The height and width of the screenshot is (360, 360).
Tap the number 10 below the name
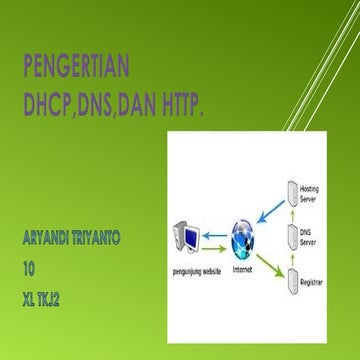pyautogui.click(x=29, y=268)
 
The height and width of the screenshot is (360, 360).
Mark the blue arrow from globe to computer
pyautogui.click(x=214, y=236)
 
